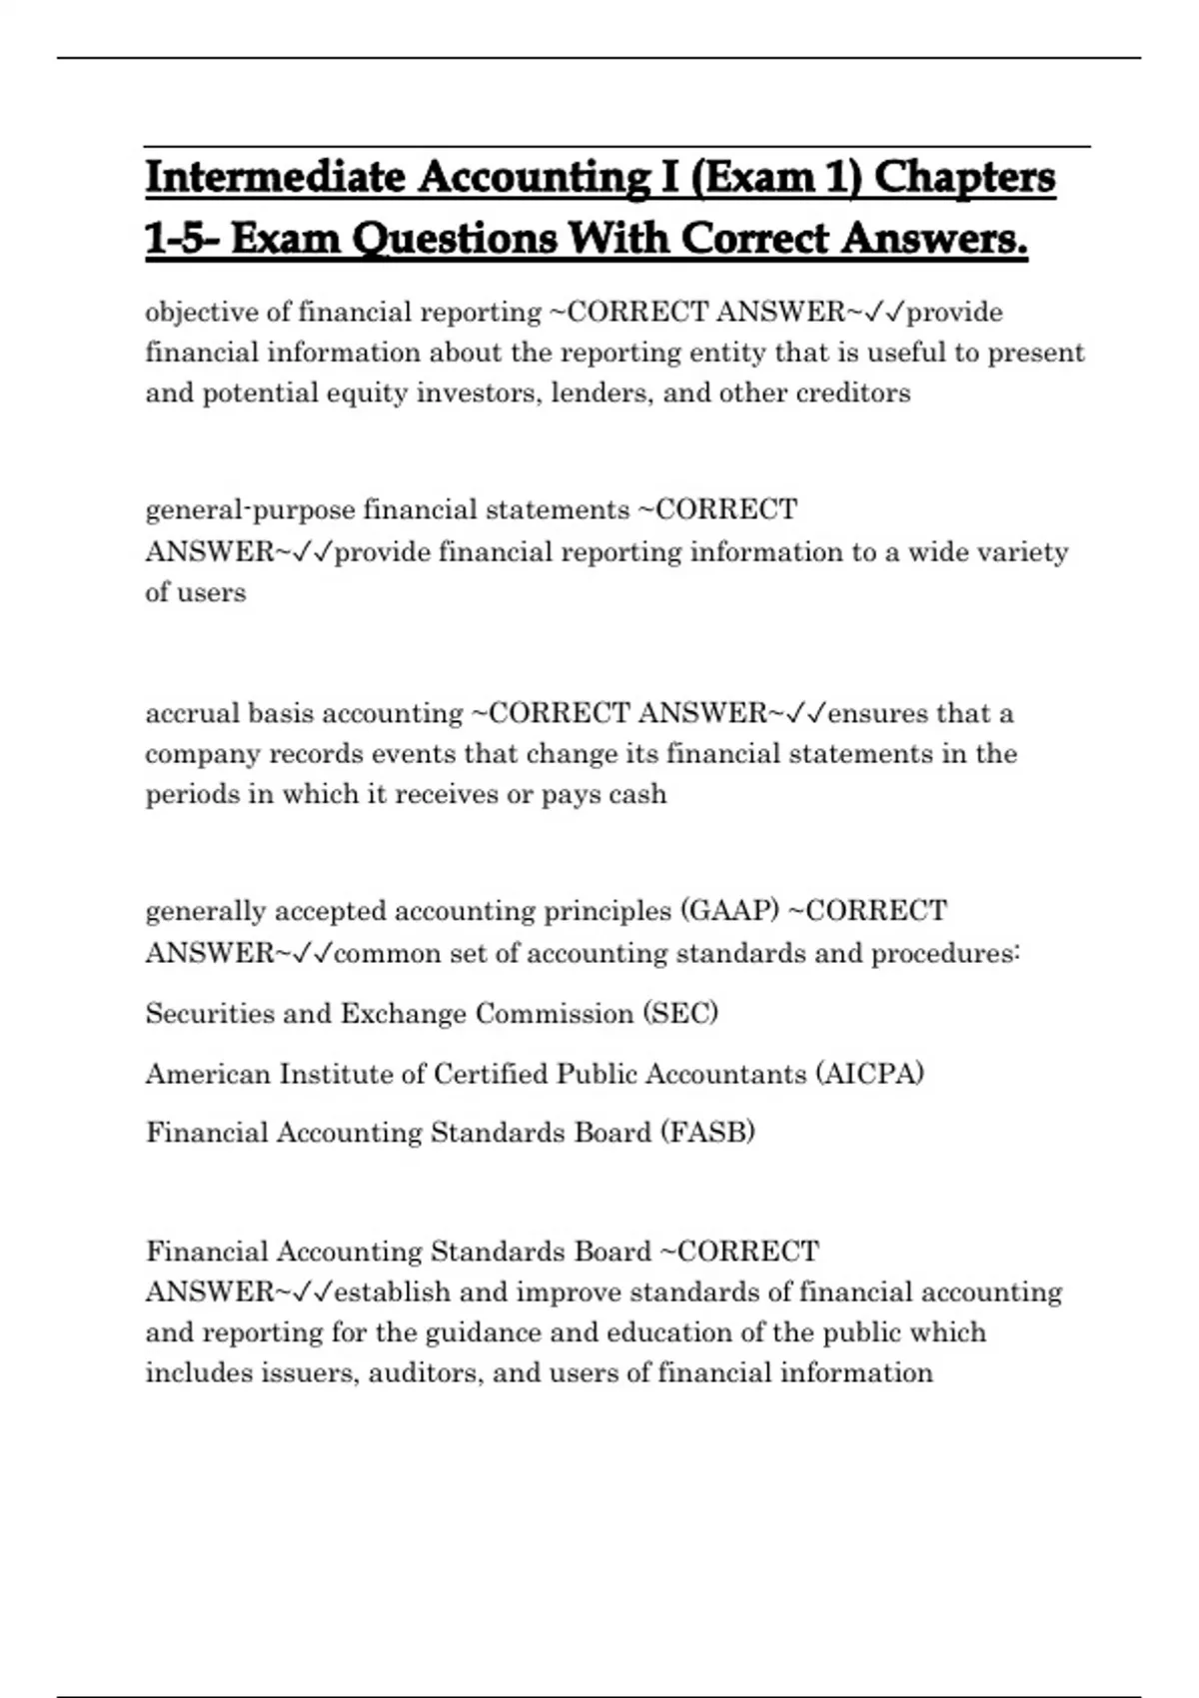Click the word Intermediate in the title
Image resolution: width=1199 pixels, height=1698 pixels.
point(274,178)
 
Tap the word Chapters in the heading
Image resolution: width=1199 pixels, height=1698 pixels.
point(964,178)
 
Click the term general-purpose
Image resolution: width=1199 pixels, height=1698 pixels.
point(250,511)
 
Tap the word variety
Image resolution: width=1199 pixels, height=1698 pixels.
point(1026,552)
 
